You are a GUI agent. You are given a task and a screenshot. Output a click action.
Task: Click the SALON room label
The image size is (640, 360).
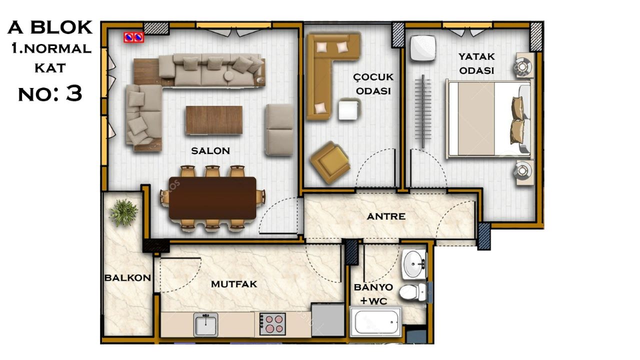(x=210, y=151)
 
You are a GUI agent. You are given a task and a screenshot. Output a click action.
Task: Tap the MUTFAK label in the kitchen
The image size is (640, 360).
(x=234, y=284)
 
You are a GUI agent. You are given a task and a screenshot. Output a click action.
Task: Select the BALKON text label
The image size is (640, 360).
(x=127, y=277)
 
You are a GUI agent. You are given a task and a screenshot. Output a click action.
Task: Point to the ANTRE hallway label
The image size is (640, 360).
(x=386, y=216)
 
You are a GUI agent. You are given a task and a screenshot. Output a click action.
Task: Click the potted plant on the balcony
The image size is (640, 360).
(x=123, y=212)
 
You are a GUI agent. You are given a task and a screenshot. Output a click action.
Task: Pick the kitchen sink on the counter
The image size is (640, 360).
(x=205, y=324)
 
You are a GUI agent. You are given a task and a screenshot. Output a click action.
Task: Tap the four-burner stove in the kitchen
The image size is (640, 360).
(x=272, y=324)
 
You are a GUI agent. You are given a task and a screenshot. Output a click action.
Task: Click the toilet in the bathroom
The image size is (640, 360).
(x=412, y=292)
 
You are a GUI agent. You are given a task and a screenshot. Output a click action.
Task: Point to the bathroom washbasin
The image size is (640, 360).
(x=414, y=263)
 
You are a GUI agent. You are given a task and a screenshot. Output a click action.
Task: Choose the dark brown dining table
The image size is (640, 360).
(x=212, y=198)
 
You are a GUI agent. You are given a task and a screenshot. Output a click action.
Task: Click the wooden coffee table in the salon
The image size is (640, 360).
(x=214, y=120)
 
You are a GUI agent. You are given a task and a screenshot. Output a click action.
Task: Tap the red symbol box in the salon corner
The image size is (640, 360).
(x=133, y=37)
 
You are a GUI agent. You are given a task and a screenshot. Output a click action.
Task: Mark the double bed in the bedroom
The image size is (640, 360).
(x=489, y=119)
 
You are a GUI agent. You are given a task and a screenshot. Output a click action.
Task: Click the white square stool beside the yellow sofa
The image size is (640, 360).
(x=349, y=109)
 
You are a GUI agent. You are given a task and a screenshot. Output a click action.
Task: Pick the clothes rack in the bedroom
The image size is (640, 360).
(x=423, y=111)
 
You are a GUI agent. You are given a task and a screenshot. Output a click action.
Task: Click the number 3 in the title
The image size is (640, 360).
(x=74, y=93)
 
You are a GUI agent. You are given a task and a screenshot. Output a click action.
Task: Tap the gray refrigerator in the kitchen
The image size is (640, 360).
(x=327, y=320)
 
